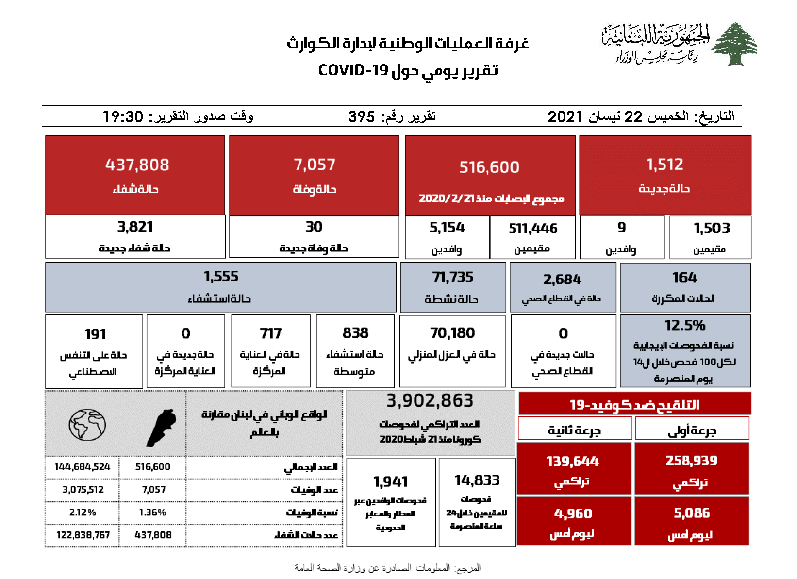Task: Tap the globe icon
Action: coord(87,425)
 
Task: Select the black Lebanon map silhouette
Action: coord(162,427)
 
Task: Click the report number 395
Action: coord(361,117)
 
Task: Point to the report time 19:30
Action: coord(123,117)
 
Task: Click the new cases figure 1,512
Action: coord(664,165)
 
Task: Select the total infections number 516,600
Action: coord(489,167)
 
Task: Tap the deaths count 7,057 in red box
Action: coord(314,165)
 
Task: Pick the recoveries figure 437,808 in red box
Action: coord(137,165)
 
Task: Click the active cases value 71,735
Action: coord(452,277)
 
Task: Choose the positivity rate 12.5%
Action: coord(685,325)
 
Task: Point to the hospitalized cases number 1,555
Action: coord(221,277)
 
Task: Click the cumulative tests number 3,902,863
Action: coord(430,400)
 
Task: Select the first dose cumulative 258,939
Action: coord(691,461)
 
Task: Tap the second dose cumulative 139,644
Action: coord(573,461)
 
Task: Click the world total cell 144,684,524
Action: coord(82,467)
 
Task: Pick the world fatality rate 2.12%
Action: coord(82,513)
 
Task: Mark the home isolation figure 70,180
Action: coord(452,333)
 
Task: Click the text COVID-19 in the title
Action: coord(353,70)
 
